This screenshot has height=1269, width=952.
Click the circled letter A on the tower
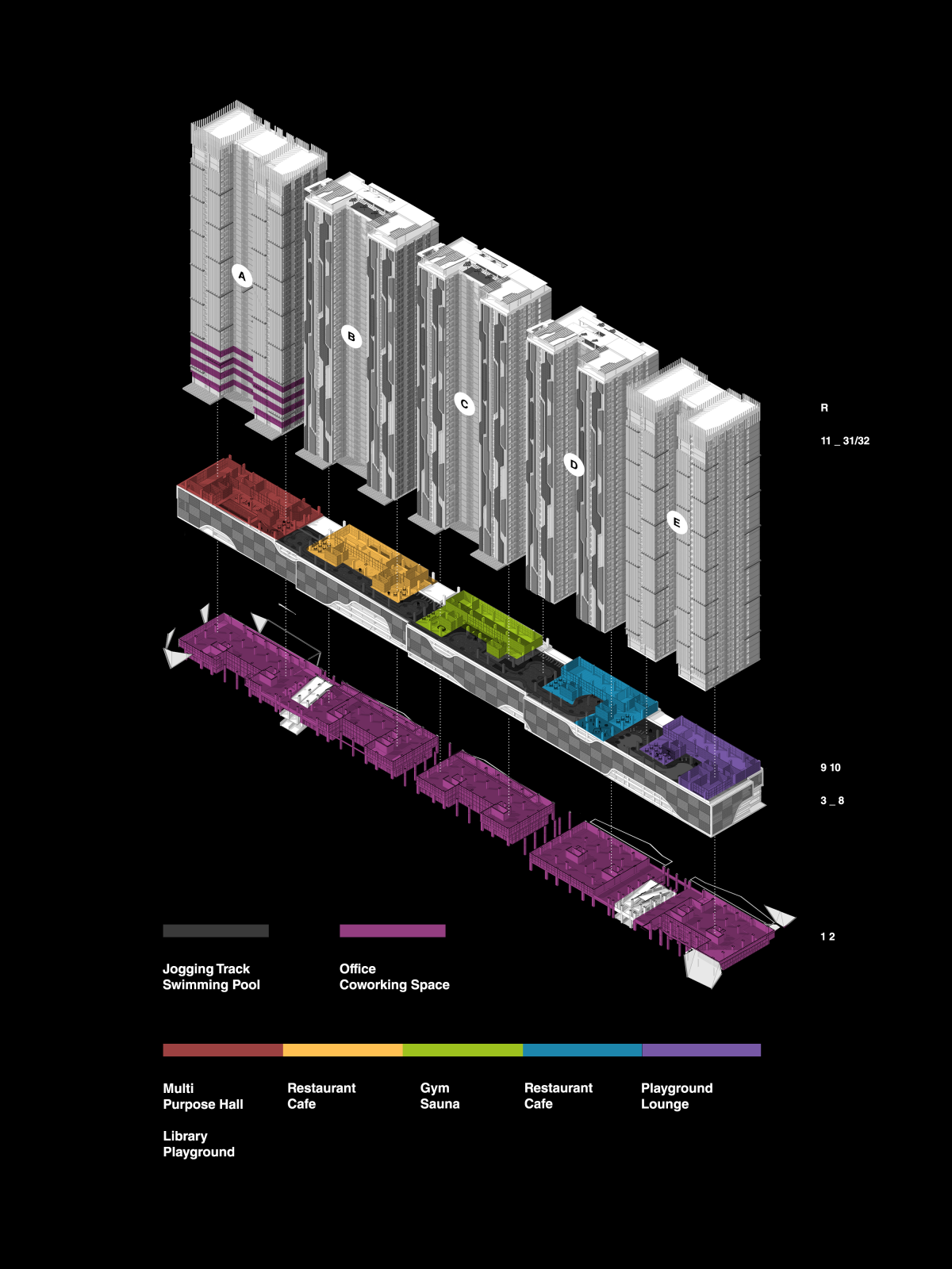[242, 276]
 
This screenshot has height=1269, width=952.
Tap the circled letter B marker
[351, 336]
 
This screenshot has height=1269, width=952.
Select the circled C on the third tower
[465, 404]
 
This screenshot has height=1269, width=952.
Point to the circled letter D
[574, 465]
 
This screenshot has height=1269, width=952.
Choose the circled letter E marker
[677, 522]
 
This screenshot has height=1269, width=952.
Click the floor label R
[824, 408]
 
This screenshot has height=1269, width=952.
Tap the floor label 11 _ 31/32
[845, 441]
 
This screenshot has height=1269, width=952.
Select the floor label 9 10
[831, 768]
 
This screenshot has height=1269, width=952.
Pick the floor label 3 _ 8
[832, 801]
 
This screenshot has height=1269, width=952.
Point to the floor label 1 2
[827, 937]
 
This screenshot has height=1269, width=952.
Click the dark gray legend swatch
[216, 931]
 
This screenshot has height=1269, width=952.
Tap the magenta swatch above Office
[393, 931]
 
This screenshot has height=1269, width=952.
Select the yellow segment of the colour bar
[343, 1050]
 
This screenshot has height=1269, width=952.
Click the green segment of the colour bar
[463, 1050]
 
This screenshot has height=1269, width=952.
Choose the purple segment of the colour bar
[701, 1050]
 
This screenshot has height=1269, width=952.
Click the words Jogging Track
[206, 969]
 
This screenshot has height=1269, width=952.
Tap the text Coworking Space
[394, 985]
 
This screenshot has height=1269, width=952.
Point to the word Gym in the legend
[435, 1088]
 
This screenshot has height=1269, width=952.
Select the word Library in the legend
[185, 1136]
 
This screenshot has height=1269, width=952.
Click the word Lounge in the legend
[665, 1104]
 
